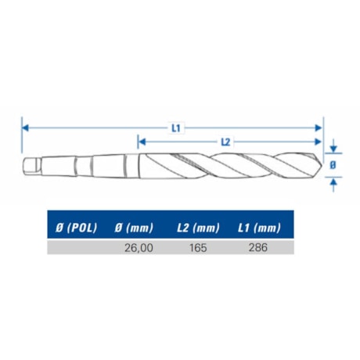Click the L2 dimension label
point(225,142)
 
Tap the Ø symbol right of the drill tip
point(334,165)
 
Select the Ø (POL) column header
point(76,229)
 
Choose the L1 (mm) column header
point(258,229)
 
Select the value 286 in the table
point(258,247)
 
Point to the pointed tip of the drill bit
point(319,165)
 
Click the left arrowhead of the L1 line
point(25,126)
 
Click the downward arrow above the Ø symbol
point(334,148)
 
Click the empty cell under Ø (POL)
point(76,247)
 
